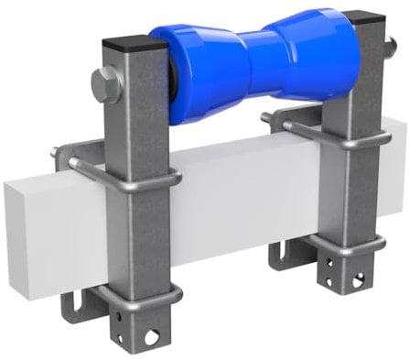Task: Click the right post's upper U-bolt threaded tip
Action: (266, 116)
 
